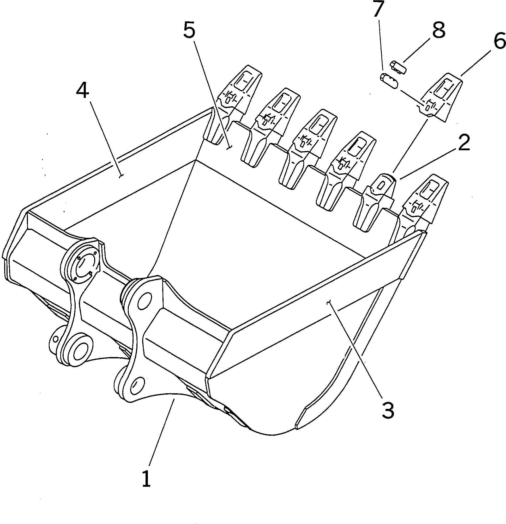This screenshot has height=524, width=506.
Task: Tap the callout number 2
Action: pyautogui.click(x=464, y=143)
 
